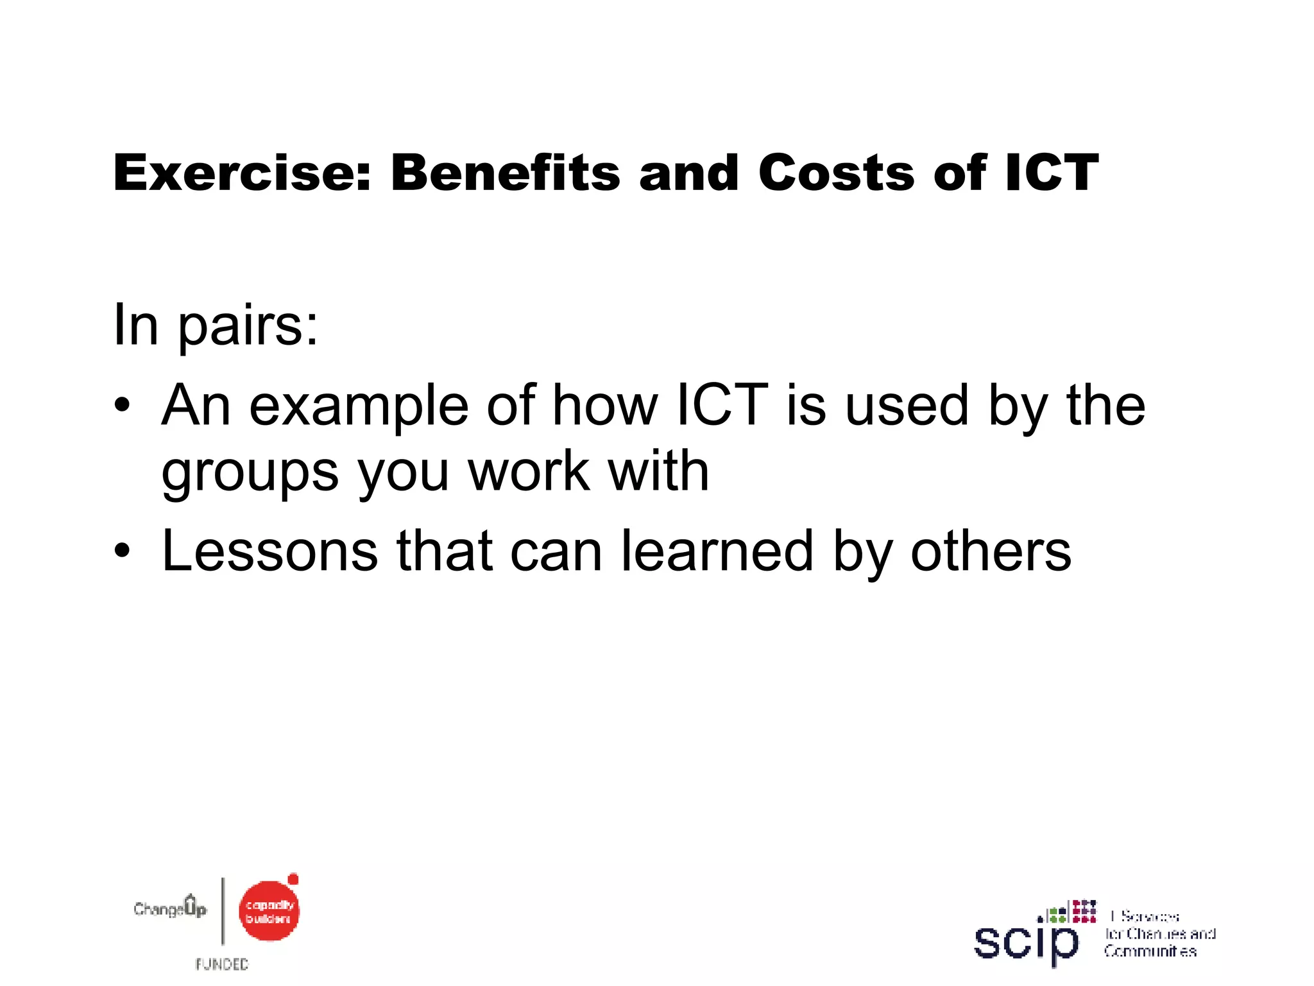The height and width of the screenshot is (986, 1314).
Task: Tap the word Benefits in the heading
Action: (506, 173)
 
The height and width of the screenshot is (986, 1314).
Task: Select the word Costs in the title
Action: (836, 173)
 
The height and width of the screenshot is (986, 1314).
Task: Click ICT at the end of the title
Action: (1052, 173)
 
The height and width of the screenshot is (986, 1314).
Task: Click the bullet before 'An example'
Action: (122, 406)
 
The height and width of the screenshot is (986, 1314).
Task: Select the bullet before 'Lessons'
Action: (122, 551)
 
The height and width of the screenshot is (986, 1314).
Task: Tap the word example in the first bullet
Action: (359, 406)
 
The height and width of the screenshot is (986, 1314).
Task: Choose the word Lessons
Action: (269, 551)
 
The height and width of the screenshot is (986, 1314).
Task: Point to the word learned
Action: (717, 551)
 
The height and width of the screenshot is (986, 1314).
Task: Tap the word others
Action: (991, 551)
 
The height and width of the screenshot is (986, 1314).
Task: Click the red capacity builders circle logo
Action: (269, 911)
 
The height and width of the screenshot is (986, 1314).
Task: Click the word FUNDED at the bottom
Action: (222, 964)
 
